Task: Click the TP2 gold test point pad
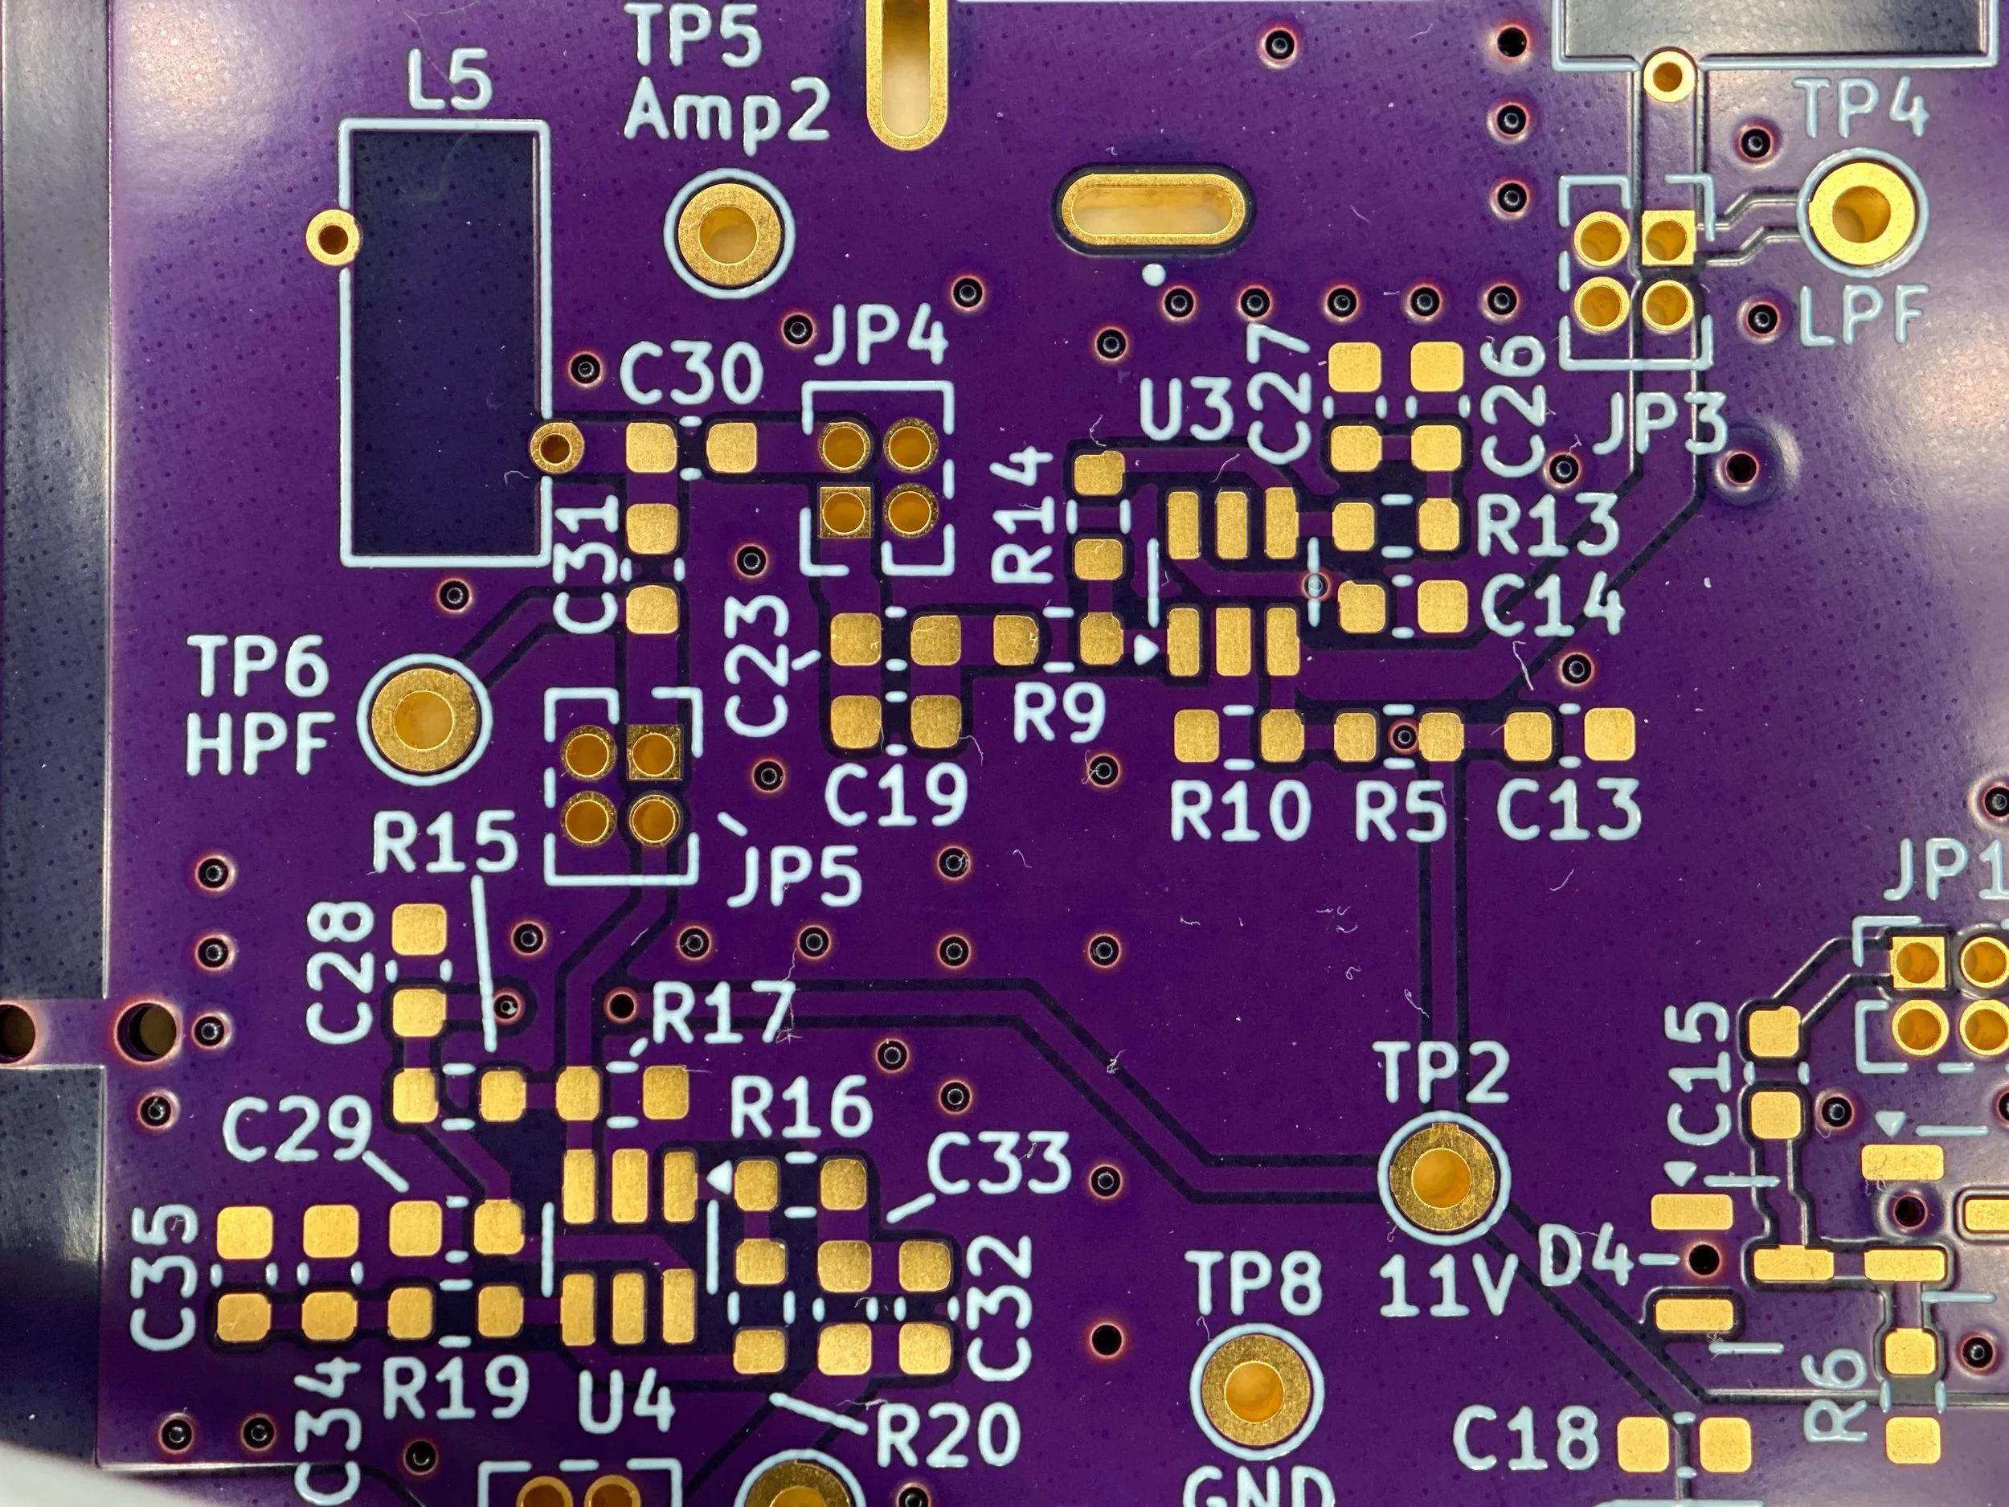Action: [x=1442, y=1178]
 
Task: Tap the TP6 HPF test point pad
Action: [x=424, y=719]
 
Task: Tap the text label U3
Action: [x=1185, y=412]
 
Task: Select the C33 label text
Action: [x=999, y=1164]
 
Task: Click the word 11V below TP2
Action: [x=1446, y=1287]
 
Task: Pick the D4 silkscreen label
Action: [x=1581, y=1263]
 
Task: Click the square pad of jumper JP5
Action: [x=654, y=753]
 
